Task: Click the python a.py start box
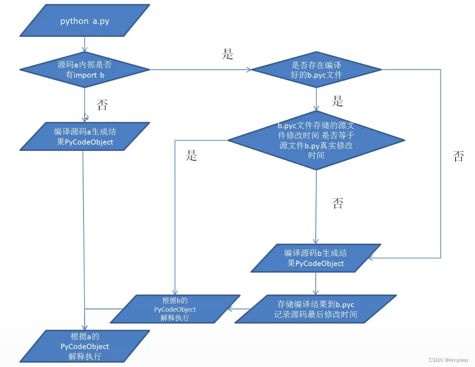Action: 85,20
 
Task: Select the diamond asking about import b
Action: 85,70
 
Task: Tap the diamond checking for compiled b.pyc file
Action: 316,70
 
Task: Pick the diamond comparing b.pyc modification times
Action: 316,140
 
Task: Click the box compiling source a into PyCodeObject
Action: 85,136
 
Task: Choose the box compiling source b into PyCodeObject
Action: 316,258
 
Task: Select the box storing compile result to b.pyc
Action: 316,309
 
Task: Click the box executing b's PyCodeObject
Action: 175,309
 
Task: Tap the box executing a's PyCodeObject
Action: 85,346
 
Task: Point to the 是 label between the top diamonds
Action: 228,54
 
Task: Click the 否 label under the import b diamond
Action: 102,105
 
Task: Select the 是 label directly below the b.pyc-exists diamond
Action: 338,102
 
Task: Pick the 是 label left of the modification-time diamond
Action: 192,156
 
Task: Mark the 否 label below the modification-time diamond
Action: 338,204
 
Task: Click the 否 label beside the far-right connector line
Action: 458,157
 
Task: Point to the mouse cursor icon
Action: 87,117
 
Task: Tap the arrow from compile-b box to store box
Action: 316,284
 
